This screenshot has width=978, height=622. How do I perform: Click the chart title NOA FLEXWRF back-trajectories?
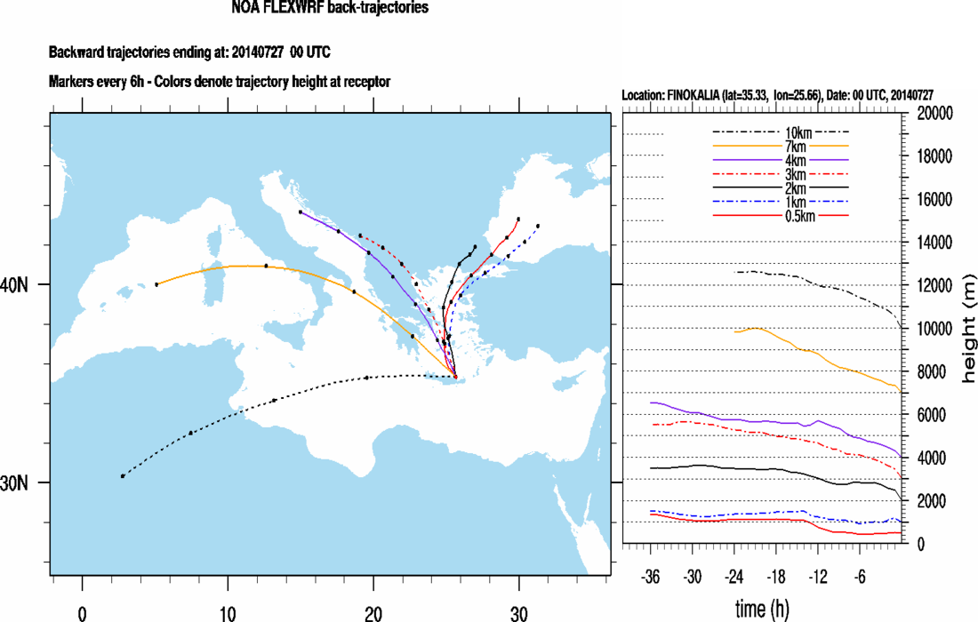click(x=329, y=9)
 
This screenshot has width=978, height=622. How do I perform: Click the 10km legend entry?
click(x=782, y=132)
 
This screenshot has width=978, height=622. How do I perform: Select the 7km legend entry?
click(x=782, y=147)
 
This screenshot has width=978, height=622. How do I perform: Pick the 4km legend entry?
click(x=782, y=161)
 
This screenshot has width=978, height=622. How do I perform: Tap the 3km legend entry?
click(x=782, y=175)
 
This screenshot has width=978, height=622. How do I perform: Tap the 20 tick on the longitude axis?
click(x=373, y=612)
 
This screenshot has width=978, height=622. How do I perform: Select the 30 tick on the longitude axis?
click(x=518, y=612)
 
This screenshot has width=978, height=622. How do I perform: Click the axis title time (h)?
click(x=761, y=609)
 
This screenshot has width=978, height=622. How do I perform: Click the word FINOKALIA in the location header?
click(x=700, y=94)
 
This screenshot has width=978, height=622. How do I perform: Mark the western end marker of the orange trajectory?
click(x=156, y=284)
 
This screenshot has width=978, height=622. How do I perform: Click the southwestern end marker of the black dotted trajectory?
click(x=123, y=476)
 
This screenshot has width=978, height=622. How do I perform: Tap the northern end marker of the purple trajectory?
click(x=301, y=212)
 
